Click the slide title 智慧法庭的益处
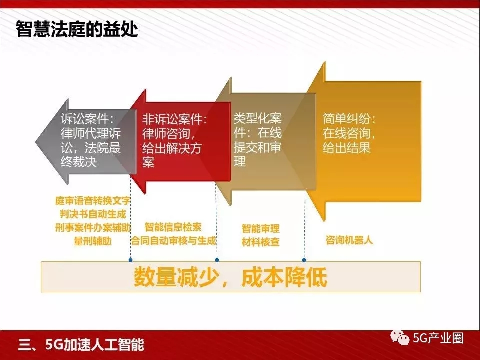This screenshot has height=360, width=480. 77,29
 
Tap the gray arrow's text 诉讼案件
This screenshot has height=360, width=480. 84,119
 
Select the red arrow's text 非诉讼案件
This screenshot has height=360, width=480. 171,119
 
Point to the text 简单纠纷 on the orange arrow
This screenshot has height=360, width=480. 346,119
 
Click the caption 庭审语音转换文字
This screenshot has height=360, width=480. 93,201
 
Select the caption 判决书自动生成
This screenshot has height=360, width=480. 93,214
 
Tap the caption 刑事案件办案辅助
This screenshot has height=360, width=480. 93,228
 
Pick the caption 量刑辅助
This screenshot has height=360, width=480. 93,241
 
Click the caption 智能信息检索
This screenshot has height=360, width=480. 173,227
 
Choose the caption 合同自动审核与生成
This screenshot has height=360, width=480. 173,240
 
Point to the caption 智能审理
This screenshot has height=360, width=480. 261,228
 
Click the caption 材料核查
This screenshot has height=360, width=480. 261,242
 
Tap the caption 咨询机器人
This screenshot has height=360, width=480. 349,240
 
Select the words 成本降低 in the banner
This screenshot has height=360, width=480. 284,277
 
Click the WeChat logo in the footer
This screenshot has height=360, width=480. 400,338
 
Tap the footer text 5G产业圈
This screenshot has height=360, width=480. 438,338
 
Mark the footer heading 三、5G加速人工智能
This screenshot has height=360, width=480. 81,345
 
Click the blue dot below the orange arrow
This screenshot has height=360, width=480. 304,260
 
